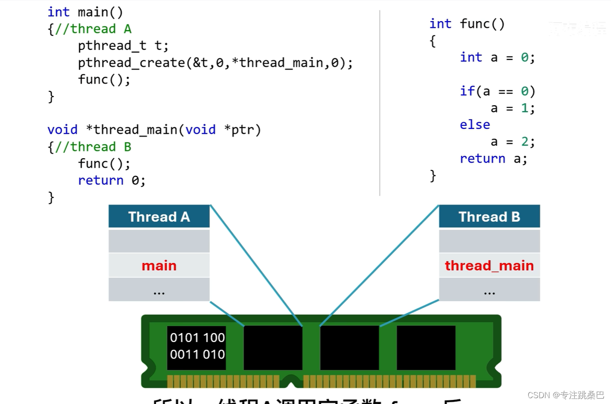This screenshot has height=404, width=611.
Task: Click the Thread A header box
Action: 159,217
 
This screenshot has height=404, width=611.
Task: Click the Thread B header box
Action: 489,217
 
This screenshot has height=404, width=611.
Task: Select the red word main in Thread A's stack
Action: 159,266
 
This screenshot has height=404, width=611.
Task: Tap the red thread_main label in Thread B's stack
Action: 489,266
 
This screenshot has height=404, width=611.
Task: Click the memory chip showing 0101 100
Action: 197,346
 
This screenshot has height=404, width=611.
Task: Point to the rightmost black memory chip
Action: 426,347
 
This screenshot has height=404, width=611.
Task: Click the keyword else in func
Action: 475,125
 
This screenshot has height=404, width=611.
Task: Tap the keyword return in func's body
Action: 482,159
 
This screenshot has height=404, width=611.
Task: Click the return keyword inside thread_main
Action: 100,181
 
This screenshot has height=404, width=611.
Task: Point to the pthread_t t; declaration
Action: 123,46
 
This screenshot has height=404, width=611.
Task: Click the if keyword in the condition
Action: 467,91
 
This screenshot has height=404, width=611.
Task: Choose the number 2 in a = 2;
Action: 524,142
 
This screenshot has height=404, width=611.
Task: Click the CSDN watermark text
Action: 566,395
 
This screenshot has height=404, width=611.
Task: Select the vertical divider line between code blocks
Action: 380,103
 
